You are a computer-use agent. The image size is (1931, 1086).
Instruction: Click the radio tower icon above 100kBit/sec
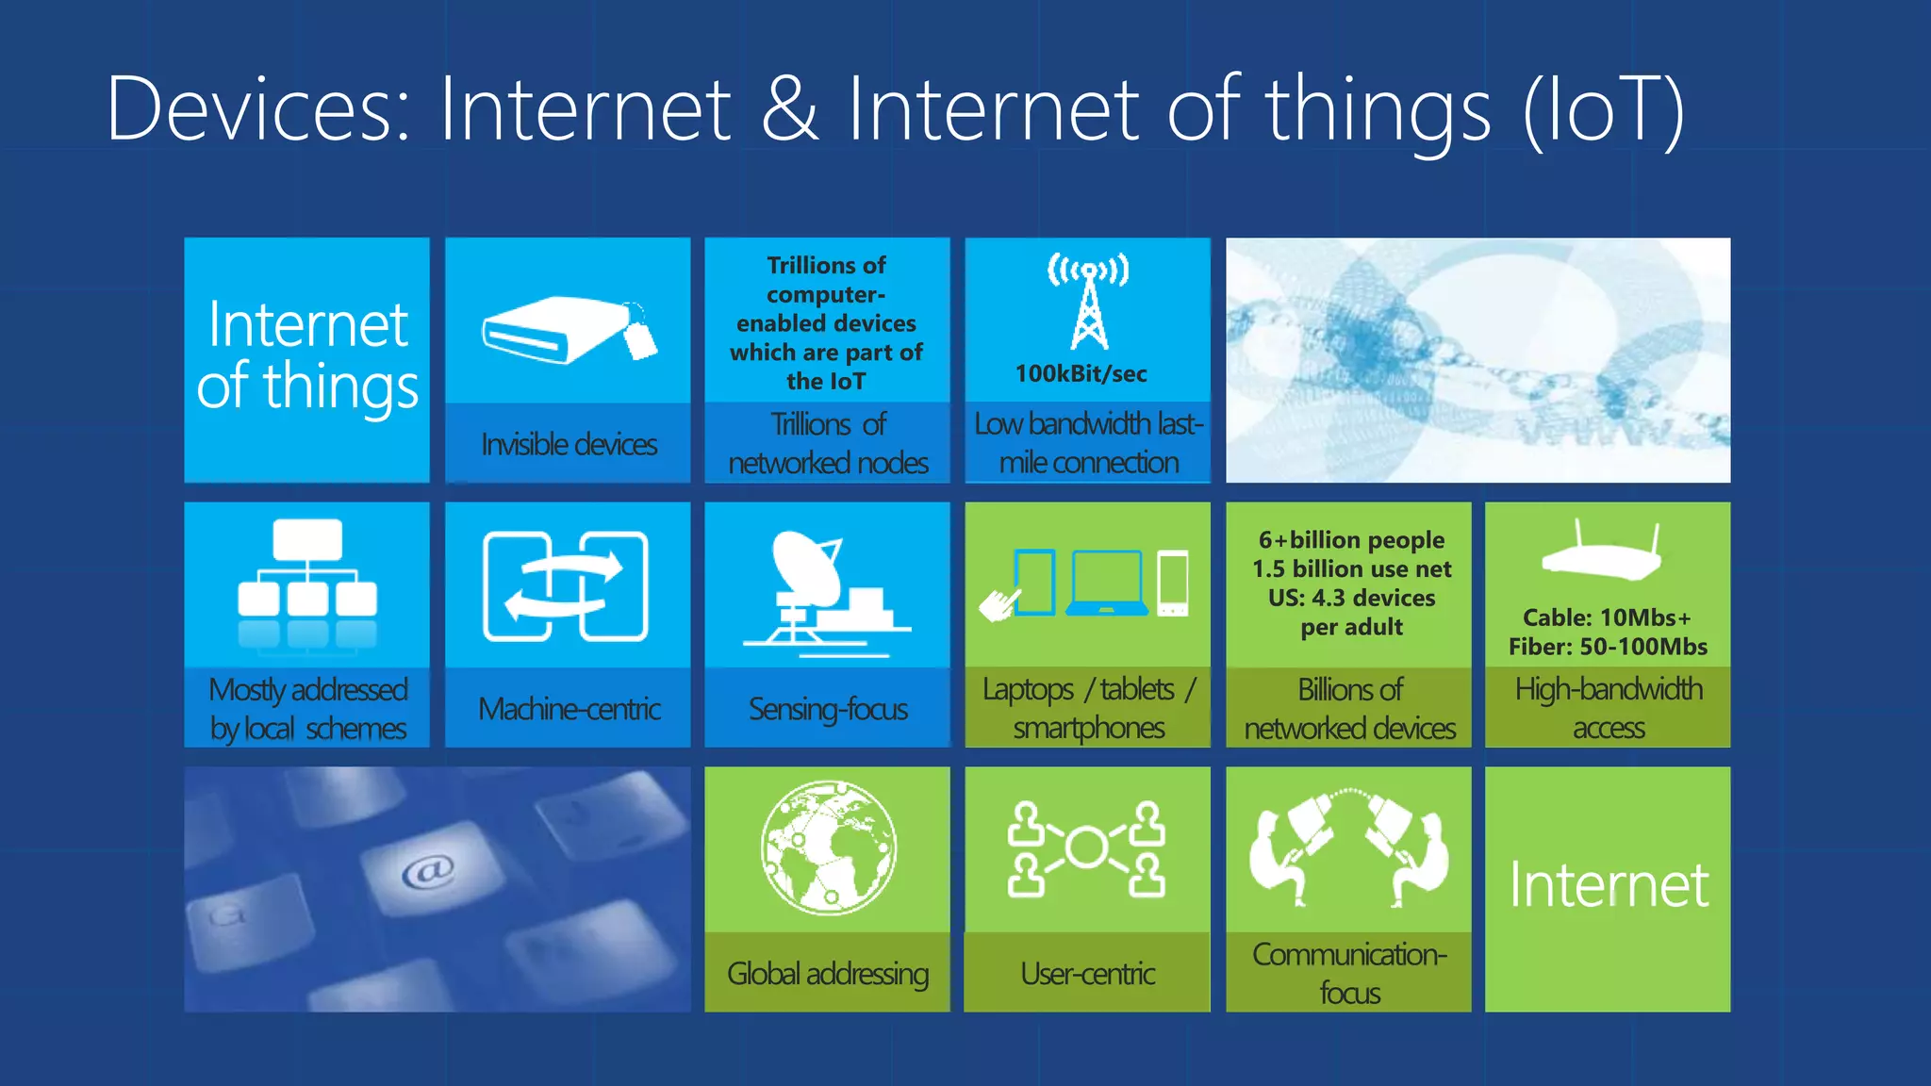[x=1088, y=302]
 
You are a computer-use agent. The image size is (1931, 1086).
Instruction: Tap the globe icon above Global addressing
[x=829, y=847]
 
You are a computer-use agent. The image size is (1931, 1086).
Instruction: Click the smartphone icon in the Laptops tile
[x=1173, y=583]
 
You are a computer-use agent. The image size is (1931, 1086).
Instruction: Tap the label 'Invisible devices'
[x=569, y=444]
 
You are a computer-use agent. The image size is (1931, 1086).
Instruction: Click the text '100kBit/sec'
[x=1081, y=374]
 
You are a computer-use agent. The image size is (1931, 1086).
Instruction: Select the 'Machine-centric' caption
[x=569, y=709]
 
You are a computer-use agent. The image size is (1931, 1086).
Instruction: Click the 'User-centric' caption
[x=1087, y=974]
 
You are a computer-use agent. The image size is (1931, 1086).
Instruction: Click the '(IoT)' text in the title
[x=1603, y=111]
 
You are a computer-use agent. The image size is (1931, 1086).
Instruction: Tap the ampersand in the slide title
[x=790, y=109]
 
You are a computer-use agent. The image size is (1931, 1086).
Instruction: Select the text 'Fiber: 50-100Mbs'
[x=1608, y=647]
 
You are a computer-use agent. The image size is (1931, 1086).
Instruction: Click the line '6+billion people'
[x=1351, y=540]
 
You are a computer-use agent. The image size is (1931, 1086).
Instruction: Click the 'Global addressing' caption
[x=828, y=974]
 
